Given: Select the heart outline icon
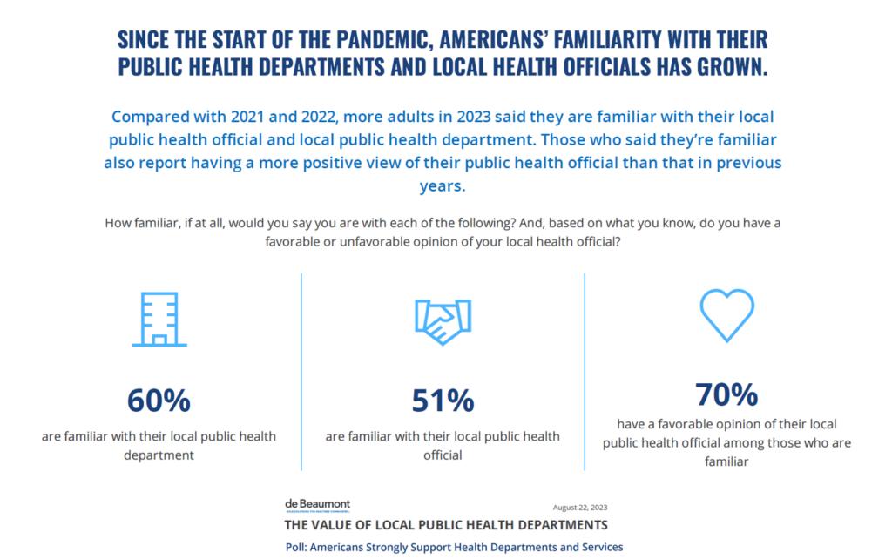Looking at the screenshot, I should click(726, 314).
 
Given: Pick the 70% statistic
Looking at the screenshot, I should click(726, 394).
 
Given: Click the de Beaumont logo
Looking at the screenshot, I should click(317, 506).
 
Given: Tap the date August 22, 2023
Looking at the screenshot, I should click(579, 508).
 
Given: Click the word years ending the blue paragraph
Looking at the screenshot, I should click(443, 185).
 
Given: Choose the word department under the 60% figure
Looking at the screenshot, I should click(159, 455).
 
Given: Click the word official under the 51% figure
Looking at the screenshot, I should click(443, 455).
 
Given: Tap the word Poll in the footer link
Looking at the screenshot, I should click(299, 547).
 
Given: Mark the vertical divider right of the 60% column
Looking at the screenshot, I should click(301, 372).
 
